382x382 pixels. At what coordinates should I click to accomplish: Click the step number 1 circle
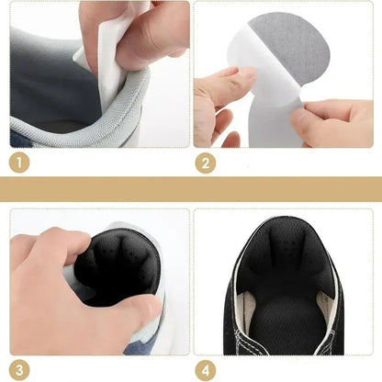[x=19, y=163]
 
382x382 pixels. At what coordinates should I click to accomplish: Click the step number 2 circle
[x=206, y=163]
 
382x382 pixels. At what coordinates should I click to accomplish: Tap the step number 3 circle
[x=19, y=370]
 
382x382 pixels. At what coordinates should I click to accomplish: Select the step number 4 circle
[x=206, y=370]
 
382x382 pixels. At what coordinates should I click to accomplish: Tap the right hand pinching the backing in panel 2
[x=332, y=121]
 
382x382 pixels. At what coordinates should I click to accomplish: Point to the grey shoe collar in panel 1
[x=92, y=122]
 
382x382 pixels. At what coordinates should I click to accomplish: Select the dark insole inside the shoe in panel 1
[x=52, y=89]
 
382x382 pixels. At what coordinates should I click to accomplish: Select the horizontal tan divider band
[x=191, y=189]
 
